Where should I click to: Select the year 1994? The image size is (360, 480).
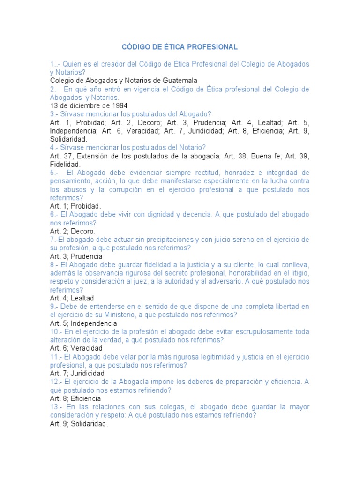(x=119, y=105)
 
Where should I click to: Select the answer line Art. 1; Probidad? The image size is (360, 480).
(x=75, y=206)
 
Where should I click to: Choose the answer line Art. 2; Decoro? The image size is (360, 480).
(x=73, y=231)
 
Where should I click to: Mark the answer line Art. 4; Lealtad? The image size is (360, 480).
(x=72, y=298)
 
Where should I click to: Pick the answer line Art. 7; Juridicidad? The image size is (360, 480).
(x=77, y=374)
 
